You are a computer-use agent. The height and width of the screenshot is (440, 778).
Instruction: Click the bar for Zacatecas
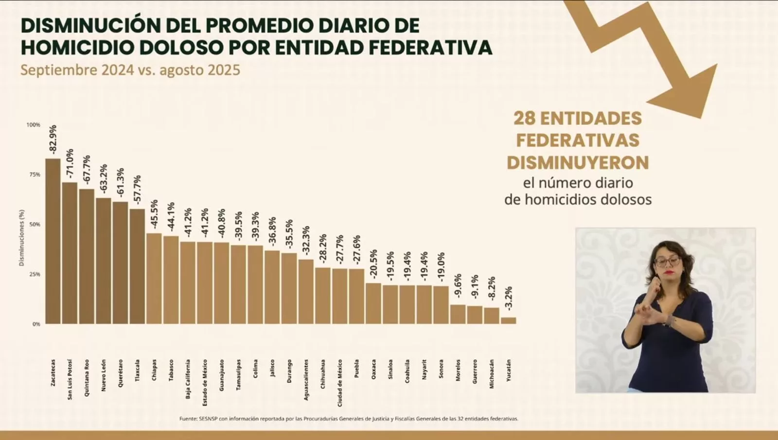click(53, 241)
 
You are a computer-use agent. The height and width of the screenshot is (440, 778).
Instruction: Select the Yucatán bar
click(509, 320)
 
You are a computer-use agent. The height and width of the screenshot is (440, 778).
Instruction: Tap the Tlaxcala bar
click(137, 266)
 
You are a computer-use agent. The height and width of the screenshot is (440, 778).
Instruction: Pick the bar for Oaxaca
click(373, 303)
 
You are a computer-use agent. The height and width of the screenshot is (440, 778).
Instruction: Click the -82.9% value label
click(53, 140)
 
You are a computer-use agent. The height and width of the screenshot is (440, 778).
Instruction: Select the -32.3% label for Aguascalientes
click(306, 240)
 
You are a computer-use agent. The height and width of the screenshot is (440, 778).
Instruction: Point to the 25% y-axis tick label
click(35, 274)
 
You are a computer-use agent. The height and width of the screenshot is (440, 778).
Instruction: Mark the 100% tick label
click(34, 125)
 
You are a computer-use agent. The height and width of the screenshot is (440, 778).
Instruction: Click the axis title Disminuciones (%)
click(21, 238)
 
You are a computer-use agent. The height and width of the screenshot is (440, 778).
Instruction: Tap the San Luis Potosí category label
click(70, 380)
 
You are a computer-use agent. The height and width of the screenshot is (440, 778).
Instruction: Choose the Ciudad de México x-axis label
click(339, 383)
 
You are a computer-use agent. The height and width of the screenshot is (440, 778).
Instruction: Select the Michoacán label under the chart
click(492, 374)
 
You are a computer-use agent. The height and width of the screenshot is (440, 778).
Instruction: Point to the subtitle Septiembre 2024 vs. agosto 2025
click(130, 70)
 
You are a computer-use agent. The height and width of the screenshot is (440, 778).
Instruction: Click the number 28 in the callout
click(524, 118)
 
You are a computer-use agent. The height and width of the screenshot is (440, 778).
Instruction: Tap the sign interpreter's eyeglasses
click(667, 261)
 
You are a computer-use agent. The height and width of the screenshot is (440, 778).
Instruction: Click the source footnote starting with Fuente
click(349, 419)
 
